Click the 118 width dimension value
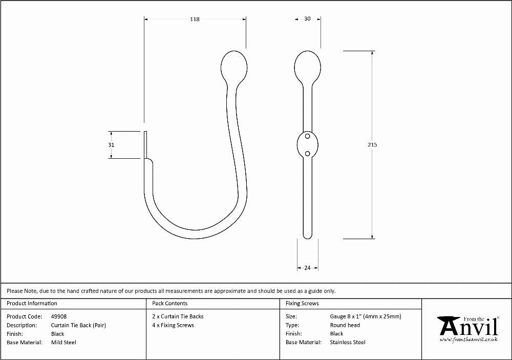(195, 19)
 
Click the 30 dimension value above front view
(307, 18)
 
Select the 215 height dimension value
(372, 144)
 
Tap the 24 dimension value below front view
(307, 268)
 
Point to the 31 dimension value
(111, 145)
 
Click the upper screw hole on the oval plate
(307, 136)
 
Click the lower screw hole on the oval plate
(307, 154)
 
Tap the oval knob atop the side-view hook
(234, 67)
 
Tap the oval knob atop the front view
(308, 67)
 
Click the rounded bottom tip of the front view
(308, 237)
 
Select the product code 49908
(59, 316)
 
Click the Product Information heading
(32, 303)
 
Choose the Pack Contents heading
(170, 303)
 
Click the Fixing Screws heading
(302, 303)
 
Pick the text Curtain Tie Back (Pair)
(78, 325)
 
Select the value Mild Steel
(63, 343)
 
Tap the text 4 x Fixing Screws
(173, 325)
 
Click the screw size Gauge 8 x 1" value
(366, 316)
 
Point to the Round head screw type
(345, 325)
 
